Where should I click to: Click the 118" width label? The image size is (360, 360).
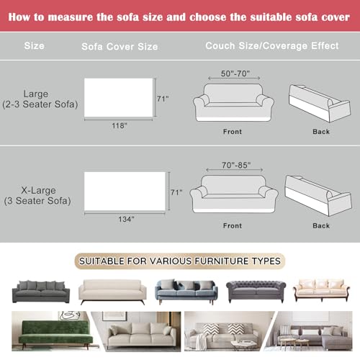coord(120,126)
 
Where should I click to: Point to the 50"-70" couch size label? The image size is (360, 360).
coord(233,74)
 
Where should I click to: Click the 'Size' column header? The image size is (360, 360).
coord(34,46)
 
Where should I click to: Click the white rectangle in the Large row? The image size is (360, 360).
coord(120,97)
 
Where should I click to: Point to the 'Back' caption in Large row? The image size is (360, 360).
coord(321,132)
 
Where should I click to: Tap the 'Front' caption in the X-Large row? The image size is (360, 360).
coord(233,225)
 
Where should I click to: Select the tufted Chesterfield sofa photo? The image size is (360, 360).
coord(256,291)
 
